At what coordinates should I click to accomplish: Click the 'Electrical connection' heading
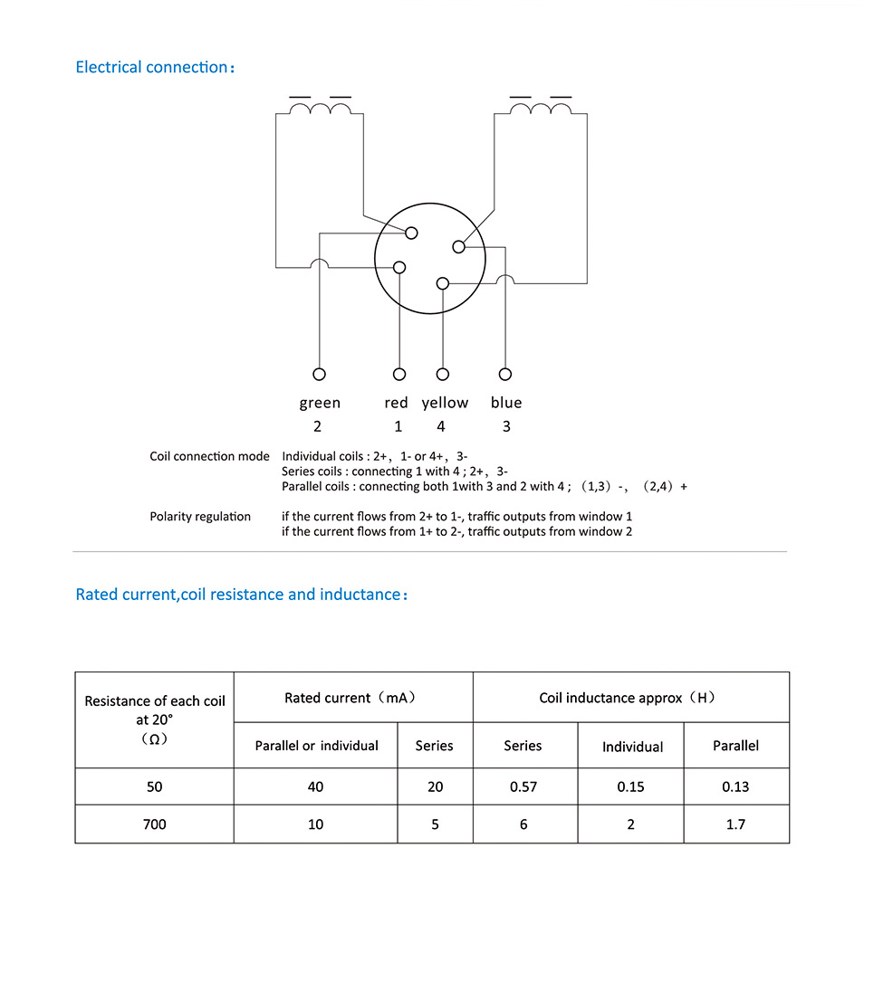pos(155,67)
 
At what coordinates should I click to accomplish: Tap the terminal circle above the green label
pos(319,374)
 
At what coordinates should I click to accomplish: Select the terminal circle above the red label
pos(398,374)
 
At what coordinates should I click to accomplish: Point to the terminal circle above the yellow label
pos(443,374)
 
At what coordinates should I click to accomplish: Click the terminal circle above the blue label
pos(505,374)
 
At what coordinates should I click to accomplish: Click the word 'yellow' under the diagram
pos(445,403)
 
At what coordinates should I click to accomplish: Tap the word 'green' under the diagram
pos(320,403)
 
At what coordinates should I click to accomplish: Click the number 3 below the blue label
pos(506,426)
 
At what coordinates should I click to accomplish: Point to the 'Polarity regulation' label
pos(200,517)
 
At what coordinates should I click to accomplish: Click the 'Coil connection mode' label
pos(209,456)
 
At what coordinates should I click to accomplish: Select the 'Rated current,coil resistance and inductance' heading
pos(242,595)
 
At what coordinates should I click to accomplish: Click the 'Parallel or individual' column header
pos(317,746)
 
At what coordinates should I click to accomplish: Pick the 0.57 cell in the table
pos(523,786)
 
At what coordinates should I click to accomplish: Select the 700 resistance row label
pos(155,824)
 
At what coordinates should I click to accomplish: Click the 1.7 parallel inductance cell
pos(735,824)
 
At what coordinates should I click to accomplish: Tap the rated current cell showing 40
pos(315,786)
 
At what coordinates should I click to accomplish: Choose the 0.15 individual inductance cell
pos(631,786)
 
